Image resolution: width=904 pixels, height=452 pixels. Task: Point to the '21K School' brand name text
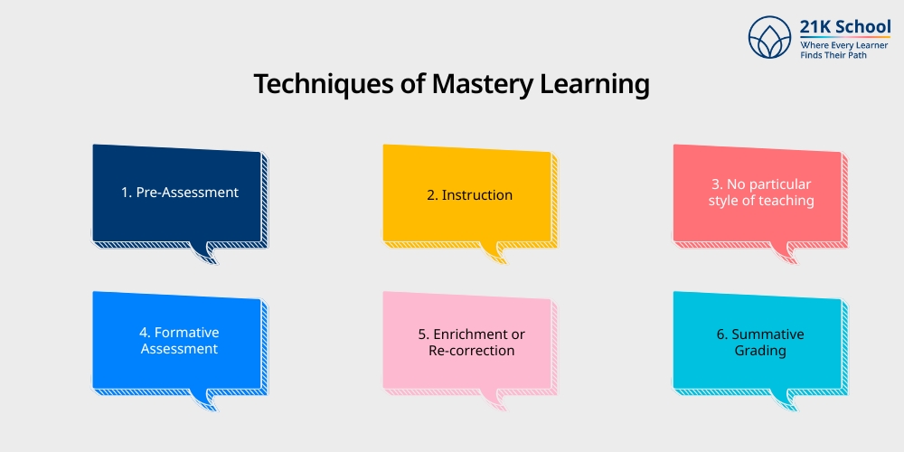click(x=845, y=27)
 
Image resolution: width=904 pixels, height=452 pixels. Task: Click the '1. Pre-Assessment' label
click(x=179, y=192)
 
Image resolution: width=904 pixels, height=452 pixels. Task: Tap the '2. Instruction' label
click(x=469, y=194)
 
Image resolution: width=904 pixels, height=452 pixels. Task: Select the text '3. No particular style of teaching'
click(x=760, y=193)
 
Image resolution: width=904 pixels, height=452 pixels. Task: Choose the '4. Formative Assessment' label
click(x=179, y=341)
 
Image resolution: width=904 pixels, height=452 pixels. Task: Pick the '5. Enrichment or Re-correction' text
click(x=470, y=342)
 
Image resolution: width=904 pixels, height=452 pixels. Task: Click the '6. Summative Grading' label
click(x=760, y=342)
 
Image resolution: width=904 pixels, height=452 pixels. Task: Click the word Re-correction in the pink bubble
click(x=470, y=350)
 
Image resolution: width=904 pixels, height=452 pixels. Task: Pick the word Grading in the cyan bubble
click(x=760, y=350)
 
